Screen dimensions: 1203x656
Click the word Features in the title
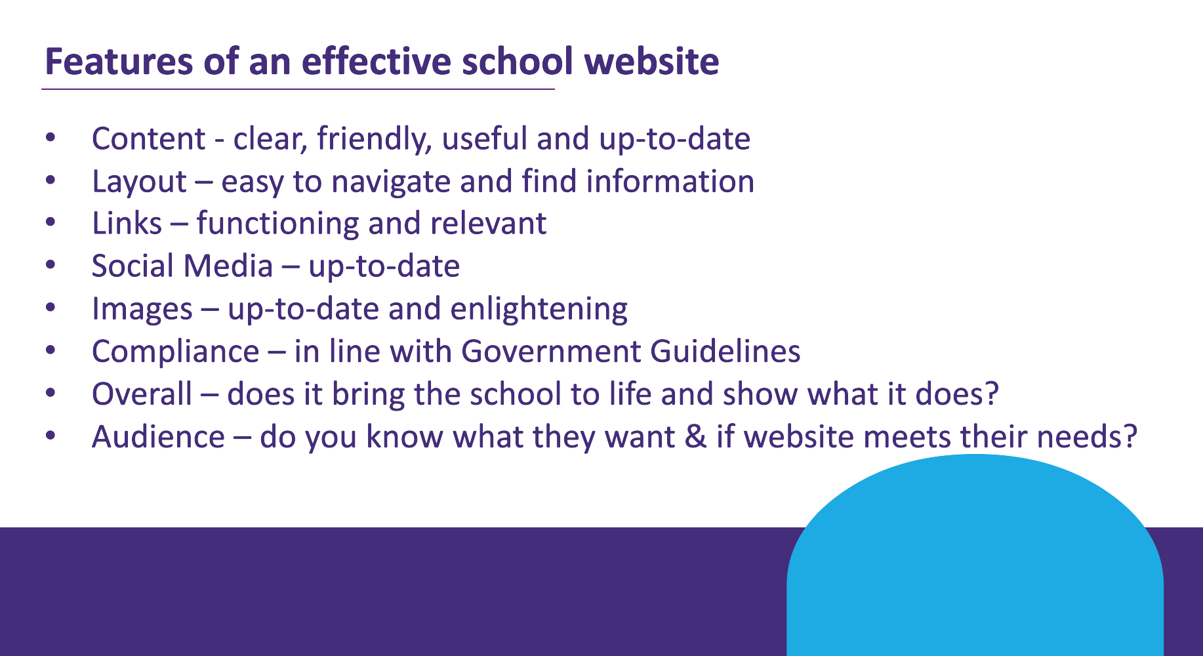[x=119, y=61]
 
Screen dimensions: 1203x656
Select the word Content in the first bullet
[x=148, y=139]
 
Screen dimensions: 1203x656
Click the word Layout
[x=139, y=182]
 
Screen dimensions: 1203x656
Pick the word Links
[x=127, y=224]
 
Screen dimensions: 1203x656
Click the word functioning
[x=277, y=224]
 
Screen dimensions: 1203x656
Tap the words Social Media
[x=182, y=266]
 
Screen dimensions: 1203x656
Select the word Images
[x=142, y=309]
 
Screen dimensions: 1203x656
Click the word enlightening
[x=539, y=309]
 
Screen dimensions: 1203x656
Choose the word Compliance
[x=176, y=352]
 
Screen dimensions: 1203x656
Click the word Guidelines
[x=725, y=352]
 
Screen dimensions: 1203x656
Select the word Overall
[x=142, y=394]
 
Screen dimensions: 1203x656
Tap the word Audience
[x=158, y=437]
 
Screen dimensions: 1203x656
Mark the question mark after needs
[x=1130, y=437]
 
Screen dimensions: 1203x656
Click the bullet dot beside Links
[x=51, y=224]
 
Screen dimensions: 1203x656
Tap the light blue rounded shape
[x=975, y=558]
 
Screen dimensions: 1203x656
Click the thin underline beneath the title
[x=298, y=89]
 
